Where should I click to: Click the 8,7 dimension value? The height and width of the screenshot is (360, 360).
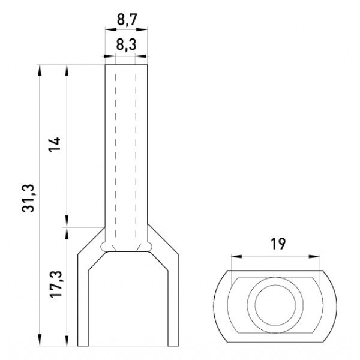tap(127, 19)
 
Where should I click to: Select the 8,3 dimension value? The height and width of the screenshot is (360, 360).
tap(126, 44)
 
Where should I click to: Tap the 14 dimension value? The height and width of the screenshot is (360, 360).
tap(54, 144)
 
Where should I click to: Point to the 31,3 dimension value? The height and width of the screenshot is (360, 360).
tap(28, 198)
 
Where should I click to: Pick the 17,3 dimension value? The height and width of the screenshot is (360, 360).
tap(56, 284)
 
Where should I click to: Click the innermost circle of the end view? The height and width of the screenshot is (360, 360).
tap(275, 305)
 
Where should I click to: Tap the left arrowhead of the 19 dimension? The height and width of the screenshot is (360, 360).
tap(236, 256)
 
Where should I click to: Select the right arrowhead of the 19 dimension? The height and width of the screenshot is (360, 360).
tap(314, 256)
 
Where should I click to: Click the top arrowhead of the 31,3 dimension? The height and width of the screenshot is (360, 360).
tap(40, 70)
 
